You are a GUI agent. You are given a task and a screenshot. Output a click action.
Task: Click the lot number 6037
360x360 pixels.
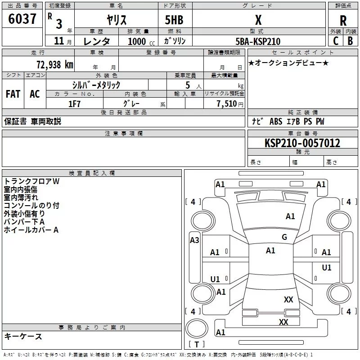22,19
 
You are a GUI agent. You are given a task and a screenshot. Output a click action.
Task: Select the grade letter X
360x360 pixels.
258,20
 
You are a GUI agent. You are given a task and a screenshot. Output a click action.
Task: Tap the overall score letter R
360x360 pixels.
343,21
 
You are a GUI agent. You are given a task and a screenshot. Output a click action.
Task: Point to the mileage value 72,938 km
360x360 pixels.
55,65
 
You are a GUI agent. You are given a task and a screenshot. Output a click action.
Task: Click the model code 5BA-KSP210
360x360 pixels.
258,41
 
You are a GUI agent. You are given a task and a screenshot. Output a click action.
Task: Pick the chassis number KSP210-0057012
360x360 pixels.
302,143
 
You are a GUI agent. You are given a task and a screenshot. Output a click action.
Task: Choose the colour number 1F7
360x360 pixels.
74,104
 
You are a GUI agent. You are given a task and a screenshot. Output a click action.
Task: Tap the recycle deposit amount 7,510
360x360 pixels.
227,104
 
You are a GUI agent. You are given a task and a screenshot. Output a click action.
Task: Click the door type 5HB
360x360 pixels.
174,20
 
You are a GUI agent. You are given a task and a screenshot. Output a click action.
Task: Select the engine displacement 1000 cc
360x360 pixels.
141,41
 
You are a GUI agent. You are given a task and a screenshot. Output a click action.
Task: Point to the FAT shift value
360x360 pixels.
13,94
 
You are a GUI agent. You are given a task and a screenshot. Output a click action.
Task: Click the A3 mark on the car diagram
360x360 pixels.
194,240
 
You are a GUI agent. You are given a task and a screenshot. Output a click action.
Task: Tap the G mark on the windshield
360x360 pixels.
284,237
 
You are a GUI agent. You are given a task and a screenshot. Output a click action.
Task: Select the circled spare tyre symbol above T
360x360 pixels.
197,328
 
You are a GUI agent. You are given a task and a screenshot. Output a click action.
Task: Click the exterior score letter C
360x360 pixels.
336,41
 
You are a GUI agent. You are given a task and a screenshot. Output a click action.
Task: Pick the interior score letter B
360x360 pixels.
350,41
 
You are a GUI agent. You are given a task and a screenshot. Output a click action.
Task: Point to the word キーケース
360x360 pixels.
23,337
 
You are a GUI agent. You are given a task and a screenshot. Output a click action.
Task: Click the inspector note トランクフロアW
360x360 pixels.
31,181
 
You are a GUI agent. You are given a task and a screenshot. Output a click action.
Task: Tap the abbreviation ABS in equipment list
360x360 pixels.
276,121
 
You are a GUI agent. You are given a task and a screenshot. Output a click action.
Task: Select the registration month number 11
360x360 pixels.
59,41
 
